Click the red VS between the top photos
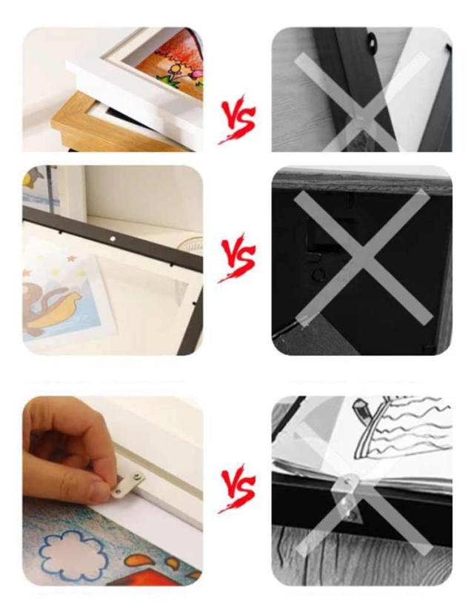coord(237,119)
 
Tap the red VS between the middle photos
coord(237,257)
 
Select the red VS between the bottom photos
coord(237,488)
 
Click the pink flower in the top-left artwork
coord(196,73)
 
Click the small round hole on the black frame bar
coord(112,239)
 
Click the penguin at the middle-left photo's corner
coord(36,180)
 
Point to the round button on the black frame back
coord(318,275)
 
